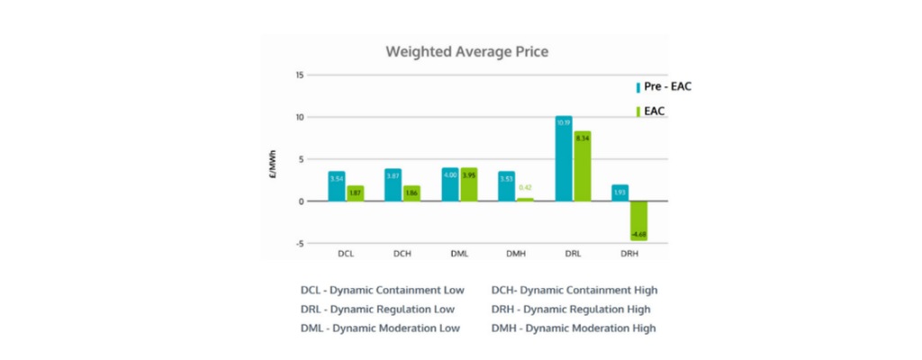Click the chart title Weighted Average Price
click(466, 51)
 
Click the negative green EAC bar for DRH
click(638, 220)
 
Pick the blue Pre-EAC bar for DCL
click(337, 186)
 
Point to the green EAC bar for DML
click(469, 184)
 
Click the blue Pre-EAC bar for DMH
click(507, 186)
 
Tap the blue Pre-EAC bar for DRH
click(619, 193)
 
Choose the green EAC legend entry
click(655, 112)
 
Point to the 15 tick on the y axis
click(299, 76)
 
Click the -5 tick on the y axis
click(299, 243)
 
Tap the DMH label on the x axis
click(516, 255)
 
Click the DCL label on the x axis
click(346, 255)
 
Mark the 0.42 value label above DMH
click(526, 187)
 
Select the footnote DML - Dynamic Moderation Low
click(380, 328)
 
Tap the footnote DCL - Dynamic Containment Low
click(383, 291)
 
